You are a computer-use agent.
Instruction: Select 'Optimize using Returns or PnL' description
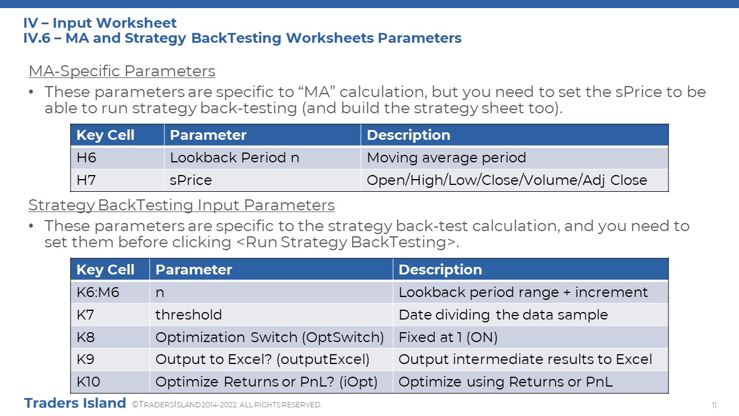505,382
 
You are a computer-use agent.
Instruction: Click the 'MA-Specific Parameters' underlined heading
122,71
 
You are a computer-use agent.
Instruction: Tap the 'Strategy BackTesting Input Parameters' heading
181,205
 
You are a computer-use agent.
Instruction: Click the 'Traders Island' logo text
75,403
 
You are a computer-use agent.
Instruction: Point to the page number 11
714,405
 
